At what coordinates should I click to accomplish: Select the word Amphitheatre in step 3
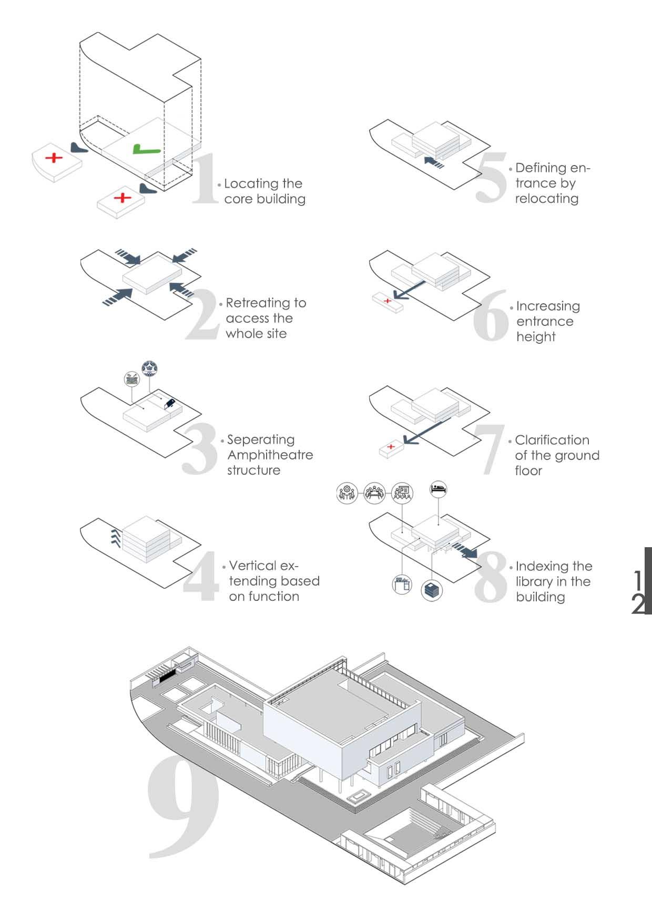tap(270, 455)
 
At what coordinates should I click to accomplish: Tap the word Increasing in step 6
tap(548, 306)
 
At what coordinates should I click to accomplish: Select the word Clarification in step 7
tap(552, 440)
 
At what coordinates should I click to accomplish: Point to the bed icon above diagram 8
tap(439, 489)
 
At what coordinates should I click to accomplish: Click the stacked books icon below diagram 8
tap(432, 590)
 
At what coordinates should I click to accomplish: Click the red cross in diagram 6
tap(388, 301)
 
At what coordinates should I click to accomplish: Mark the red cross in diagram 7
tap(391, 447)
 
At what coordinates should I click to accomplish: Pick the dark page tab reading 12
tap(641, 581)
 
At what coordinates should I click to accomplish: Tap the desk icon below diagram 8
tap(402, 585)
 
